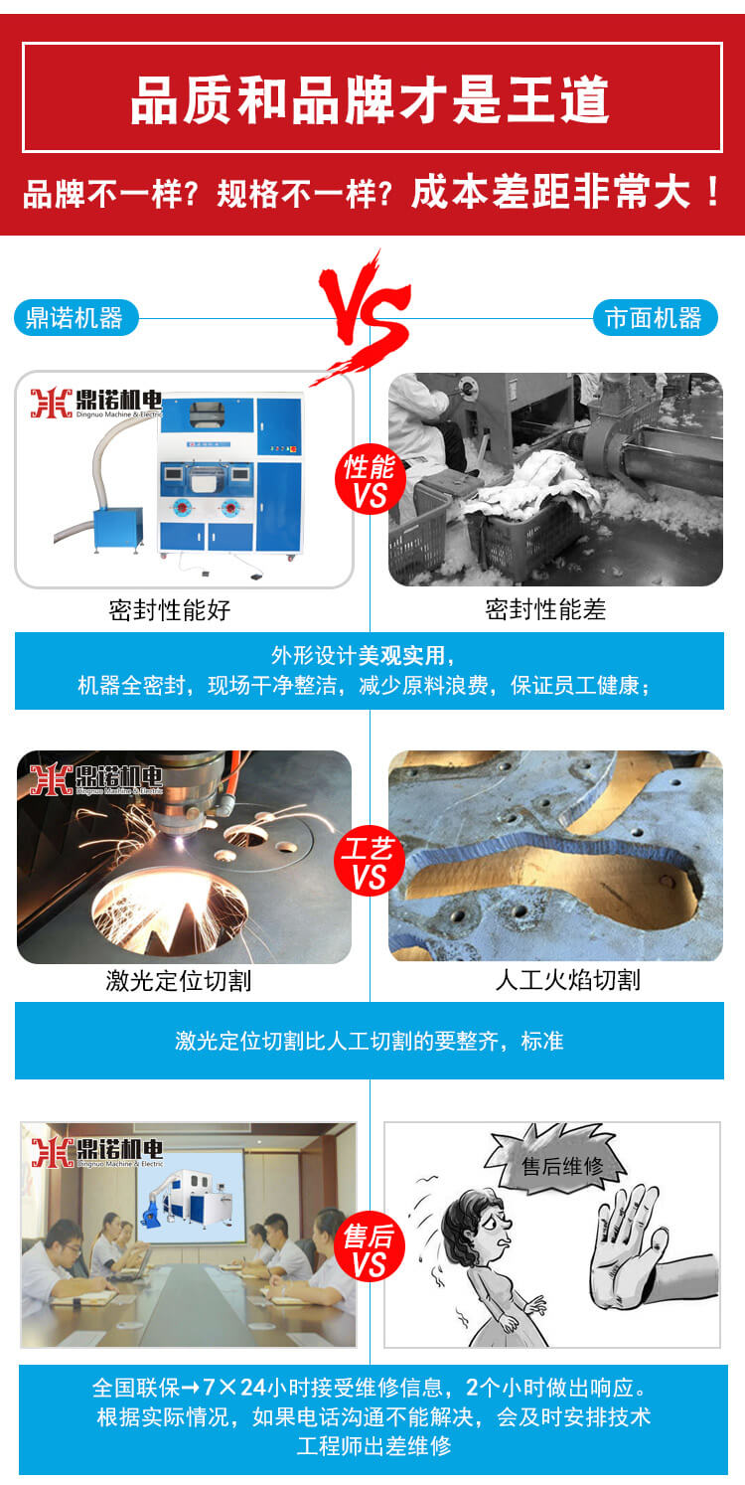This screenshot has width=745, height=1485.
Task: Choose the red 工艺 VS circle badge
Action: pos(370,863)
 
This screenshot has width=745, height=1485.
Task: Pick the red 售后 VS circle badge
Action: pos(370,1249)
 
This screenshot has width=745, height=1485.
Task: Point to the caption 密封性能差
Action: pos(545,610)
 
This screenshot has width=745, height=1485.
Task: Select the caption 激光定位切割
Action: pos(179,981)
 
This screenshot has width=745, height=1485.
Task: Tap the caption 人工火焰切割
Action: pos(567,981)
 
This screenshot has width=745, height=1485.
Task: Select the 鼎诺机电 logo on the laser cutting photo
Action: pos(95,779)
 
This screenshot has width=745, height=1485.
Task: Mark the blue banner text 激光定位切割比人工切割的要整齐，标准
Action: pos(370,1041)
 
